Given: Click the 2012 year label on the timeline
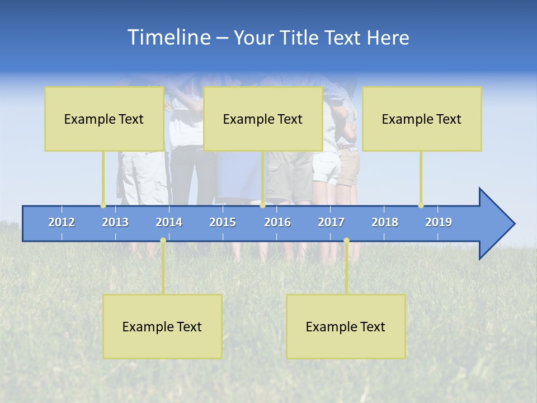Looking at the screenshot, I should click(x=62, y=222).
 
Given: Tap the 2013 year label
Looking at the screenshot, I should click(x=115, y=222).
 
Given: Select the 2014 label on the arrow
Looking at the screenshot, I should click(x=169, y=222).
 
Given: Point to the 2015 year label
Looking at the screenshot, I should click(x=223, y=222).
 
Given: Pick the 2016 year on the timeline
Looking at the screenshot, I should click(x=277, y=222).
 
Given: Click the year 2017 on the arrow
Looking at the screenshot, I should click(x=331, y=222).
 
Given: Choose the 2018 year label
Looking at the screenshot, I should click(x=385, y=222).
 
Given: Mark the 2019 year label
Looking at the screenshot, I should click(x=439, y=222).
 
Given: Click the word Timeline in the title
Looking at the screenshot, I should click(x=168, y=38).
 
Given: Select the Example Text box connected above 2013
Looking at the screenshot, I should click(x=104, y=119).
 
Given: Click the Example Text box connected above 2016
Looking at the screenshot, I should click(x=263, y=119).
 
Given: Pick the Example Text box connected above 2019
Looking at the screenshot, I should click(x=422, y=119).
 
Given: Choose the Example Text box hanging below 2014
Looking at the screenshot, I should click(x=162, y=326).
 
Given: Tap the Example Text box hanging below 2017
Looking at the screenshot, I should click(x=346, y=326).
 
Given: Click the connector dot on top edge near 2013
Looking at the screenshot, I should click(x=103, y=205).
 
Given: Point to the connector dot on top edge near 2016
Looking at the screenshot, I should click(x=262, y=205).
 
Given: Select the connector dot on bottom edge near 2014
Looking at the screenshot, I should click(x=163, y=241).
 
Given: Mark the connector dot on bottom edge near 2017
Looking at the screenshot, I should click(x=346, y=241).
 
